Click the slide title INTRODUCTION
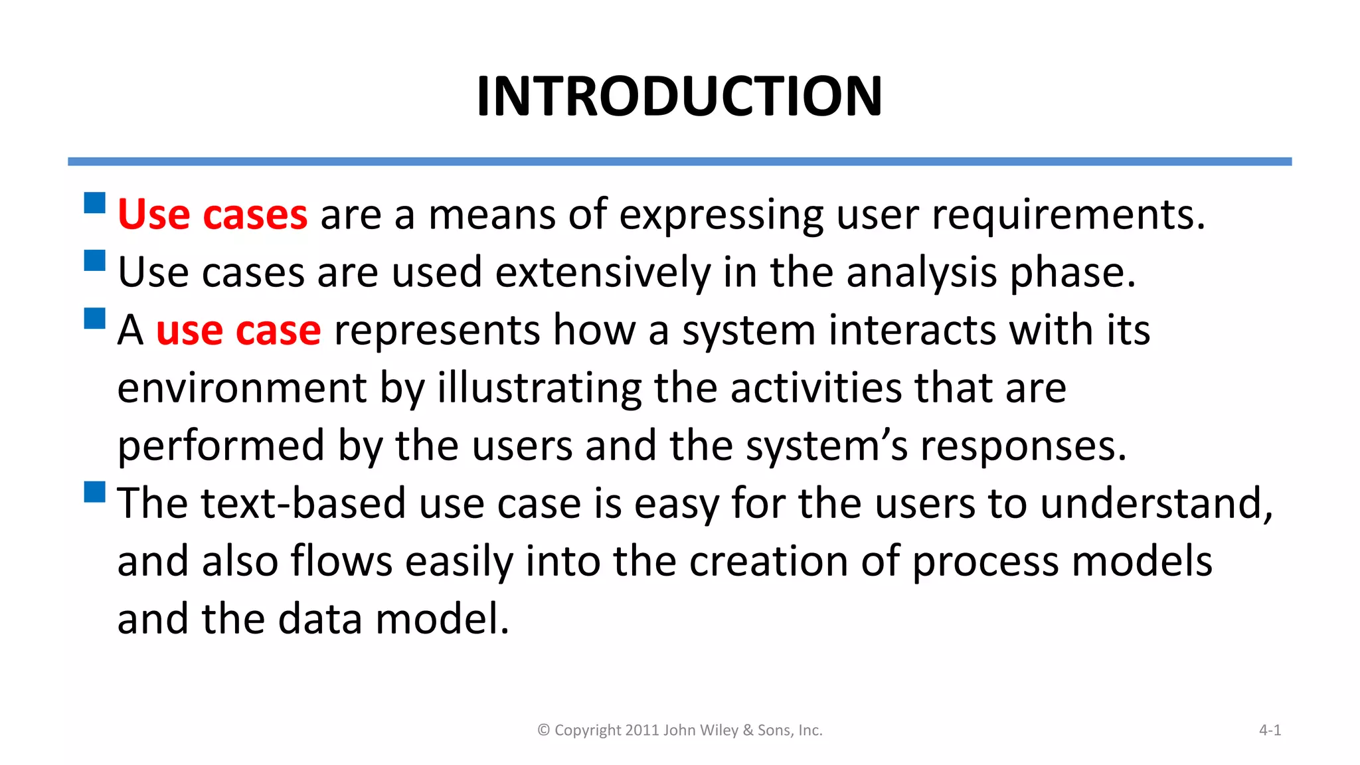click(679, 97)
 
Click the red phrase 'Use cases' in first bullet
click(212, 215)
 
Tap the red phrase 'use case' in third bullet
click(238, 331)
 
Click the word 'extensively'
click(603, 274)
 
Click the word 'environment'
click(242, 388)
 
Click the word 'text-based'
click(303, 504)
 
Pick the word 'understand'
click(1155, 504)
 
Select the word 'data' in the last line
click(319, 620)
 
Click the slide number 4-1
click(1270, 730)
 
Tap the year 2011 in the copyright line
click(641, 730)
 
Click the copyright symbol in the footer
click(543, 730)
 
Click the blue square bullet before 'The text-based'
click(95, 492)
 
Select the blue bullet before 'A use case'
click(95, 319)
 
